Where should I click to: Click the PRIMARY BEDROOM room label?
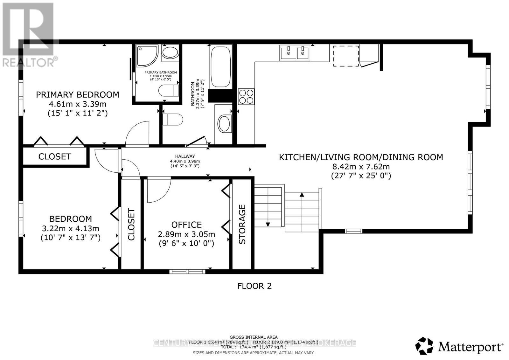point(77,94)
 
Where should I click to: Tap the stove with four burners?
point(247,96)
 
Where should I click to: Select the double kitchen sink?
point(295,52)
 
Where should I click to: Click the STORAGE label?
point(242,224)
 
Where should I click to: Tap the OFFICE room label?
point(186,225)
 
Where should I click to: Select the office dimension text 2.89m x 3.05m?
point(186,234)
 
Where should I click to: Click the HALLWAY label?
point(185,156)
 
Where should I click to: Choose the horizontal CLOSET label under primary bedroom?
point(54,156)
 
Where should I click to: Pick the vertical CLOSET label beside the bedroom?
point(131,224)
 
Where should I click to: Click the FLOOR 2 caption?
point(254,286)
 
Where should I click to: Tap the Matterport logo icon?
point(424,346)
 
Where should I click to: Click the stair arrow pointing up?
point(302,195)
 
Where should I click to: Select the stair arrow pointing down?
point(268,224)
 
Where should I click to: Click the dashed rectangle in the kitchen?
point(346,56)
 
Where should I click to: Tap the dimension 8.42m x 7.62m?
point(361,166)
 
